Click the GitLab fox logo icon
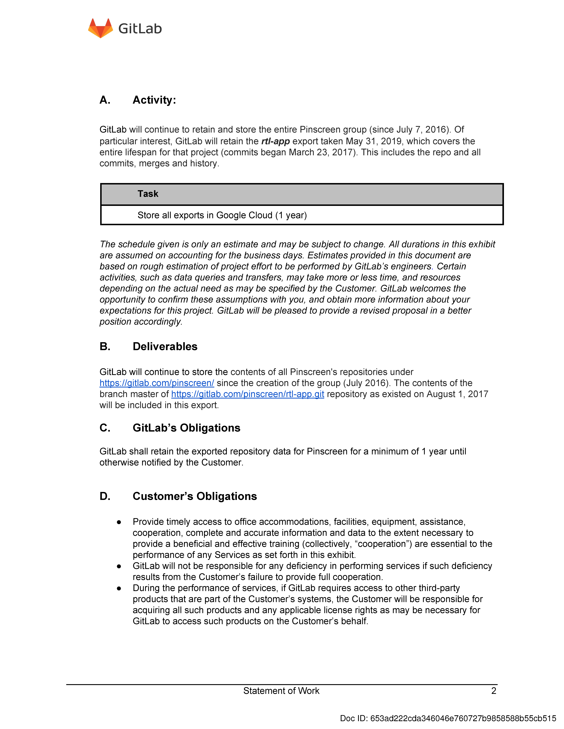tap(100, 28)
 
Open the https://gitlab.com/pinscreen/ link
tap(157, 383)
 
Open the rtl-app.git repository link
tap(248, 394)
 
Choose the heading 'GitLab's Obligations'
tap(186, 428)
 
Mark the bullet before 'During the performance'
tap(119, 588)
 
